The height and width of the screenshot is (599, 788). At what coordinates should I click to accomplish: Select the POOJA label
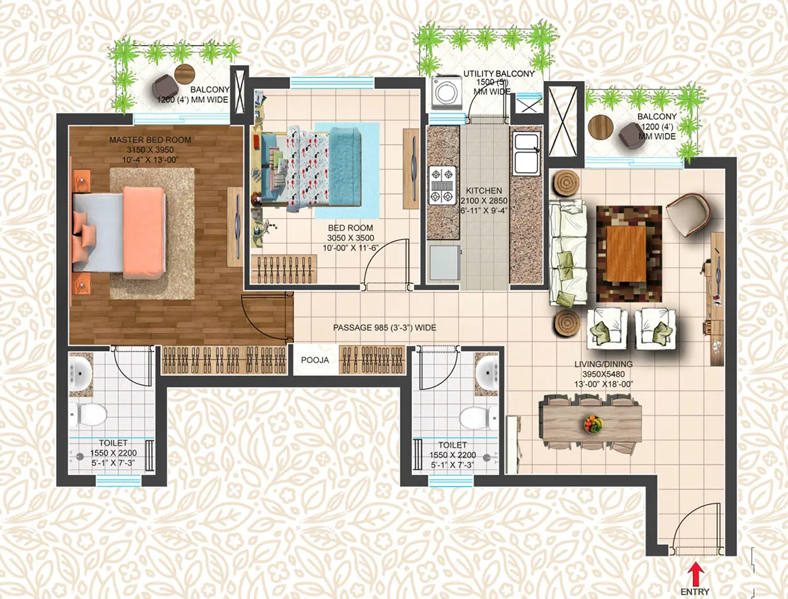click(x=315, y=360)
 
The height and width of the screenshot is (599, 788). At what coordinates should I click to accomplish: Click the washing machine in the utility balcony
click(x=442, y=92)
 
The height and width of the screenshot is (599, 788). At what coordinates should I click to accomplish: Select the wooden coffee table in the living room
click(x=629, y=254)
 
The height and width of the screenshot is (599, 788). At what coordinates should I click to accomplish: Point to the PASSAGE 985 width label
click(x=384, y=327)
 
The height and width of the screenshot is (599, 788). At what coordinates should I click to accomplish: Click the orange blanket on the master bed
click(x=145, y=232)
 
